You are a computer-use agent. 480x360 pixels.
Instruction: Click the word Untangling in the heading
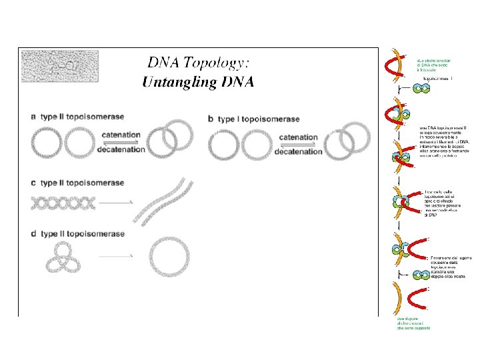[x=177, y=83]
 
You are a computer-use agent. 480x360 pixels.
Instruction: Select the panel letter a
[x=33, y=117]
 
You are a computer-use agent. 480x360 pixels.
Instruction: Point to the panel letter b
[x=211, y=119]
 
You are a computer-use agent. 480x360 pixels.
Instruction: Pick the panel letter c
[x=33, y=183]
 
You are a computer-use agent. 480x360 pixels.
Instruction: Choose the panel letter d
[x=33, y=234]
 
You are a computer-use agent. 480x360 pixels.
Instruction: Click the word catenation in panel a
[x=121, y=136]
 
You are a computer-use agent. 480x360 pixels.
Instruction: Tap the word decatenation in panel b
[x=298, y=151]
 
